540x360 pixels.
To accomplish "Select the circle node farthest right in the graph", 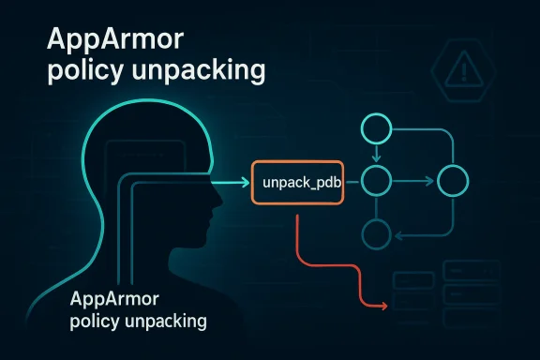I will click(451, 178).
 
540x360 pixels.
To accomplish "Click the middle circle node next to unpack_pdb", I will click(374, 178).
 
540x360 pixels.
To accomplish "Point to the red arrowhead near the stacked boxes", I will click(385, 306).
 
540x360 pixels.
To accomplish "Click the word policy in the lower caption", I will click(92, 322).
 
